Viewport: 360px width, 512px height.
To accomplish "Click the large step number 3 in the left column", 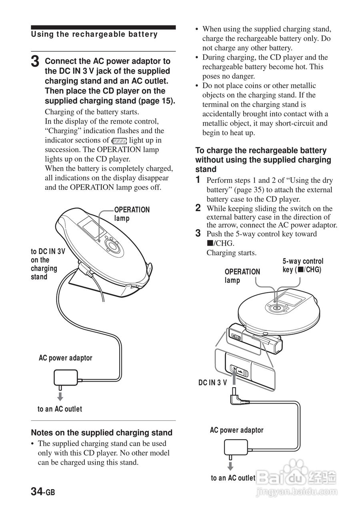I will click(35, 62).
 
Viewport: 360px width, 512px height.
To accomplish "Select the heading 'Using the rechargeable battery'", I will click(94, 34).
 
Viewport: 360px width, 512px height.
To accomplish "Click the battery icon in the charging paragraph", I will click(119, 141).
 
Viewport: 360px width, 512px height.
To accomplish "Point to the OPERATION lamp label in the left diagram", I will click(132, 214).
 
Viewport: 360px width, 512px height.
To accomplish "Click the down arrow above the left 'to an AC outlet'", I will click(60, 396).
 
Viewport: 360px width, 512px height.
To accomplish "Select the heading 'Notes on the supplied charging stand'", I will click(102, 432).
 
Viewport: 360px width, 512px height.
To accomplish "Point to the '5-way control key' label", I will click(303, 265).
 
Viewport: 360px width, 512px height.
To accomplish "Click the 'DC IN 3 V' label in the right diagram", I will click(212, 382).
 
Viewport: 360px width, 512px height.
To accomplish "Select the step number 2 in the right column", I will click(198, 208).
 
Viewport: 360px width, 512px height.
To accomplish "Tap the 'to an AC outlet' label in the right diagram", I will click(233, 478).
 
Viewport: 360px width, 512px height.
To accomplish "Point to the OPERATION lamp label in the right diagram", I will click(242, 276).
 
